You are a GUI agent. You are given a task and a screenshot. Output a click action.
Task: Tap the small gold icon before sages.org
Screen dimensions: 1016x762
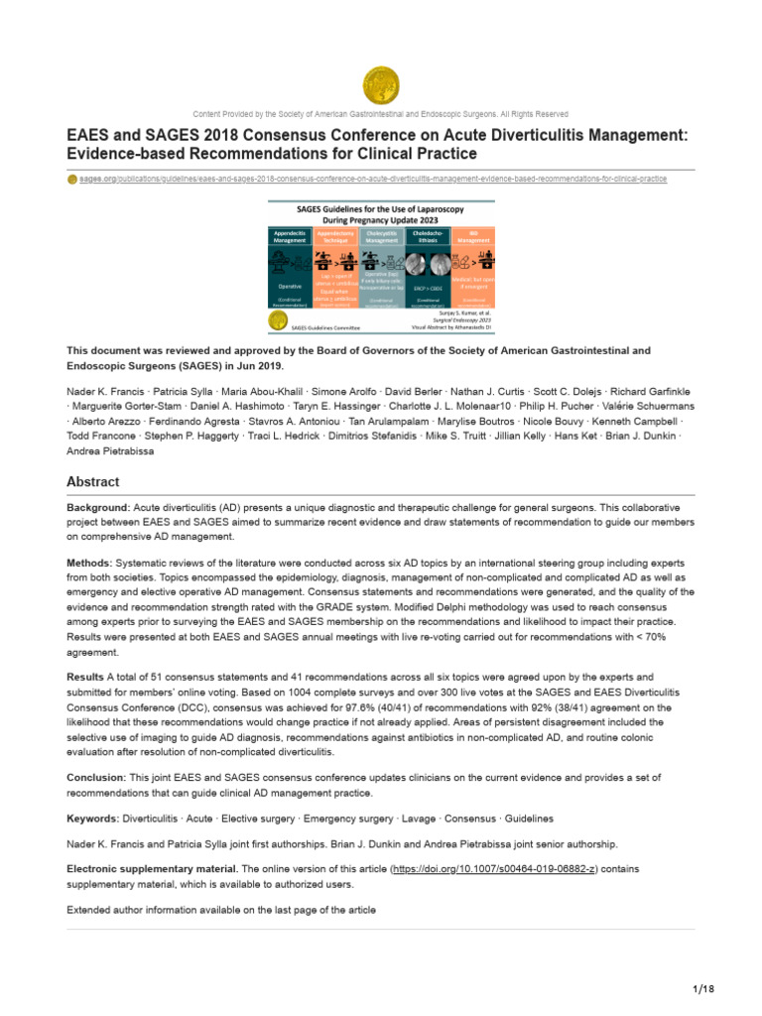pyautogui.click(x=71, y=179)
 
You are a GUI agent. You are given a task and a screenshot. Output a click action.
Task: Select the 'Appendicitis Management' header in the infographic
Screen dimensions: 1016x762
pyautogui.click(x=291, y=236)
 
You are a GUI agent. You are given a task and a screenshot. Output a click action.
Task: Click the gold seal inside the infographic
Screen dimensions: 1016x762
pyautogui.click(x=278, y=318)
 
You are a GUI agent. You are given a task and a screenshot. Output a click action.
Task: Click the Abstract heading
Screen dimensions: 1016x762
pyautogui.click(x=92, y=482)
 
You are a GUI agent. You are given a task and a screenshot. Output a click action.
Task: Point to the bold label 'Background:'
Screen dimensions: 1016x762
pyautogui.click(x=97, y=507)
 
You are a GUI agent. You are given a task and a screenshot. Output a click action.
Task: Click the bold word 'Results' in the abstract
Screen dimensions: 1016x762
pyautogui.click(x=86, y=676)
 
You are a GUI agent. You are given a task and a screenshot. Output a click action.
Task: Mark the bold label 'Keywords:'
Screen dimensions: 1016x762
pyautogui.click(x=92, y=819)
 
